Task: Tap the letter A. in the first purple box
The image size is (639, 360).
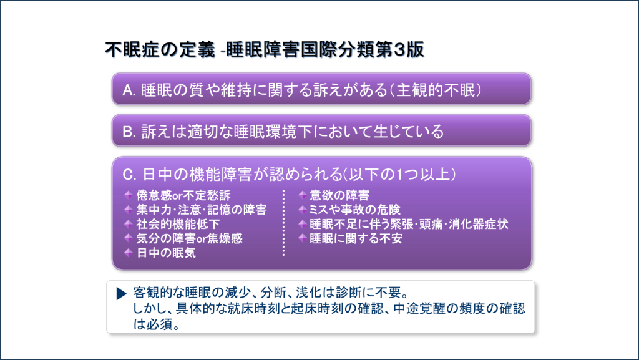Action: [x=130, y=90]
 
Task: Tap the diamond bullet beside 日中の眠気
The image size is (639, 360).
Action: [x=128, y=253]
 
